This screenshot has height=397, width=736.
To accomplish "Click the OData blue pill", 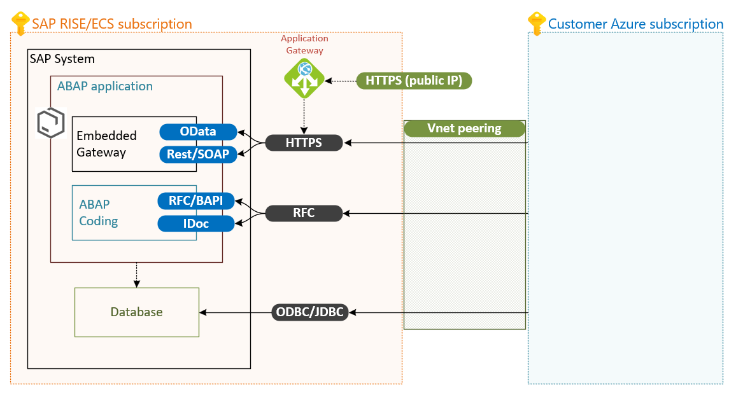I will click(198, 132).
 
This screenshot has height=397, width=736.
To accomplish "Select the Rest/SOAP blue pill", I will click(198, 154).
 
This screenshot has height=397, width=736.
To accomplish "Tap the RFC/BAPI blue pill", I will click(196, 201).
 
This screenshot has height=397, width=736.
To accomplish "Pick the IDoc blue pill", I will click(196, 223).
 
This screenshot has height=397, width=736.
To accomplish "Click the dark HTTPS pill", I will click(304, 143).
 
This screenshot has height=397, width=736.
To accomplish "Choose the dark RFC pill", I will click(304, 213).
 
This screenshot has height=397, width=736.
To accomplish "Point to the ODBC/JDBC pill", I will click(310, 312).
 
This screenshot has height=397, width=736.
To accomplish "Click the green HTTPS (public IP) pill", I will click(414, 81).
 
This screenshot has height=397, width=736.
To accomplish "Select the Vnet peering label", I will click(464, 129).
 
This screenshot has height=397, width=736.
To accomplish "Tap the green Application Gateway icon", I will click(304, 78).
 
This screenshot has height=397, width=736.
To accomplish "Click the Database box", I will click(137, 312).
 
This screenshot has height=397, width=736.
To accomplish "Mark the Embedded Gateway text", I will click(106, 144).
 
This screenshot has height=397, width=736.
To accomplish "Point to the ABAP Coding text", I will click(98, 212).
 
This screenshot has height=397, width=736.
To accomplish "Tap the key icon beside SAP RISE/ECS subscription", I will click(21, 23).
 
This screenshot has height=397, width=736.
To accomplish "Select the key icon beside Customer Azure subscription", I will click(537, 23).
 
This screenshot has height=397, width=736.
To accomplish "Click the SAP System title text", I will click(62, 59).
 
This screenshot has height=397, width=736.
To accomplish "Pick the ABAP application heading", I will click(105, 86).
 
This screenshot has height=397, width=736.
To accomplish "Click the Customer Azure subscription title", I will click(635, 24).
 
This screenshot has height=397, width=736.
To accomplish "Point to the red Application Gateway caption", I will click(304, 45).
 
